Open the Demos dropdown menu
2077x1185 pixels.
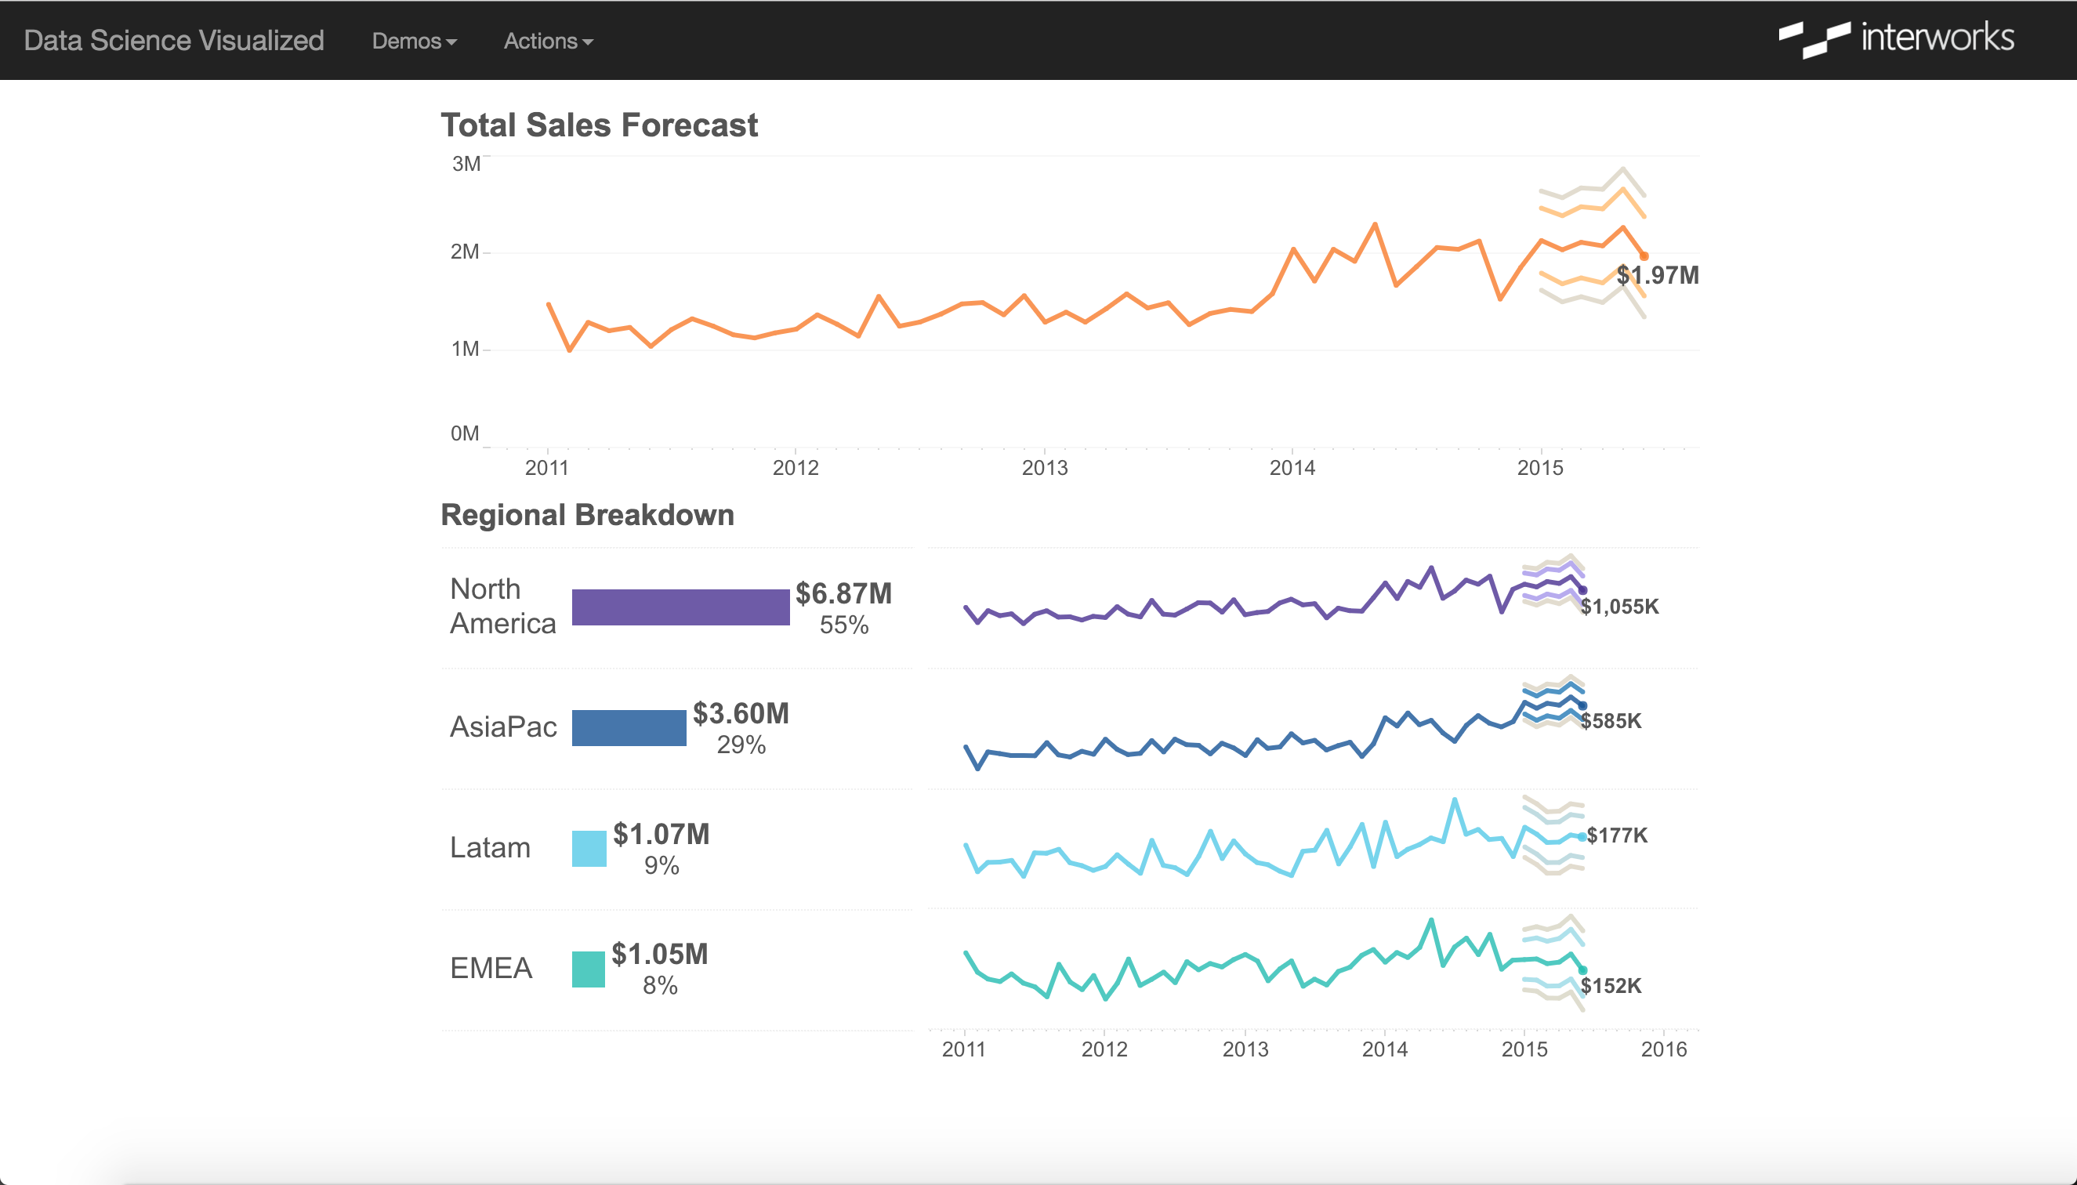[x=414, y=41]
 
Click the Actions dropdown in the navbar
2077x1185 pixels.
[x=548, y=41]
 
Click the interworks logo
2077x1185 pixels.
[x=1896, y=39]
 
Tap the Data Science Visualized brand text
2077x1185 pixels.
[x=174, y=41]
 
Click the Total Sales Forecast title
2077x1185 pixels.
[x=599, y=125]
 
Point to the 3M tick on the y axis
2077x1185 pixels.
[x=466, y=164]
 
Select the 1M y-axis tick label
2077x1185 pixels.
[x=465, y=350]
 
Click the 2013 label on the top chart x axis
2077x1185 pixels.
[x=1044, y=468]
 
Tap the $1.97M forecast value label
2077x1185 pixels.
[x=1658, y=275]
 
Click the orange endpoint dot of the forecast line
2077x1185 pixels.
[x=1644, y=256]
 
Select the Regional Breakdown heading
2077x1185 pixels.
[x=587, y=515]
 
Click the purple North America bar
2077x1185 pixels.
[x=680, y=607]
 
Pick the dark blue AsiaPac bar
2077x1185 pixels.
[x=629, y=727]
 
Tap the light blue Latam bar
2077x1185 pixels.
[x=589, y=848]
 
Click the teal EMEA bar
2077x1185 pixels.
[x=588, y=969]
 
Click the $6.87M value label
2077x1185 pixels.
[x=843, y=593]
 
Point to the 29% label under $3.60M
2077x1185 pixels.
[x=741, y=745]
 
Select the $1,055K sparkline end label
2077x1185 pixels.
[x=1619, y=607]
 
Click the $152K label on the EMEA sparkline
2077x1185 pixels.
[x=1611, y=986]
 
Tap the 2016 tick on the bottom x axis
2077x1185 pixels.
[x=1663, y=1049]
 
